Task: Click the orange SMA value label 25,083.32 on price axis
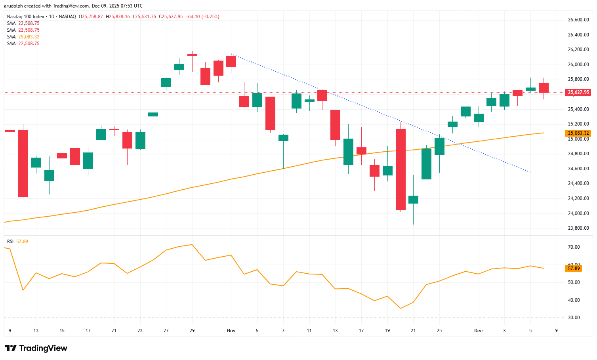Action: coord(578,133)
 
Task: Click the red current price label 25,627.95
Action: coord(578,92)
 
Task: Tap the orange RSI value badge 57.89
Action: coord(574,269)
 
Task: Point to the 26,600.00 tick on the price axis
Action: coord(578,20)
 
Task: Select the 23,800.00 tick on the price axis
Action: coord(578,228)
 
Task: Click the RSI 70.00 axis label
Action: coord(574,247)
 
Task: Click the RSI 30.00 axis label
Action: coord(574,318)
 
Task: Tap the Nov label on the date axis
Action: coord(231,331)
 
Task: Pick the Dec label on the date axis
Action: coord(479,331)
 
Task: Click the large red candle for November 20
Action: coord(401,170)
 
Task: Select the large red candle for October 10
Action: coord(23,164)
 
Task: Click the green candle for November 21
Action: coord(413,200)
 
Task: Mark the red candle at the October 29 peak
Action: coord(192,55)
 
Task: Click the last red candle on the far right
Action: coord(544,88)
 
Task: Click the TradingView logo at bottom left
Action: coord(36,348)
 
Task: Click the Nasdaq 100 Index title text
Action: coord(26,17)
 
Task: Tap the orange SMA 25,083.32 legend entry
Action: coord(23,37)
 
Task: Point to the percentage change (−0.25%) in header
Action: coord(210,17)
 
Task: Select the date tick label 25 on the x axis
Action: coord(439,331)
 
